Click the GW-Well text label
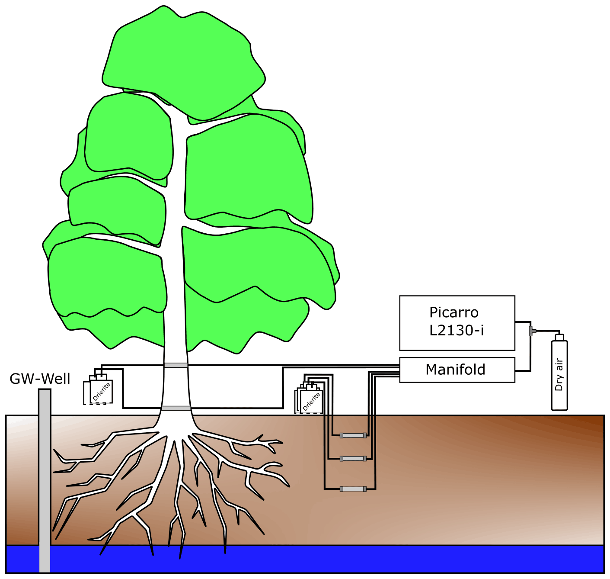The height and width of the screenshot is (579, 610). click(x=40, y=379)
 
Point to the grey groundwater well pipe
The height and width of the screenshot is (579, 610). click(x=45, y=476)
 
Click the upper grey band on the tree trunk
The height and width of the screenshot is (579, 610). click(x=176, y=365)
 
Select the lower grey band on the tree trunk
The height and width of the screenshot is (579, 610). click(x=176, y=408)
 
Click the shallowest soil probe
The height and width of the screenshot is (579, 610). click(x=353, y=435)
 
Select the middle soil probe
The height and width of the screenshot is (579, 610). click(x=353, y=459)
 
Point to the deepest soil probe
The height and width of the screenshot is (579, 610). click(x=353, y=489)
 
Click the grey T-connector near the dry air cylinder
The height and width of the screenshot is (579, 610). click(x=531, y=331)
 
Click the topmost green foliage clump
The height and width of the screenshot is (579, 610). click(x=184, y=65)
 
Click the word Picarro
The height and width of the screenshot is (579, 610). click(x=454, y=312)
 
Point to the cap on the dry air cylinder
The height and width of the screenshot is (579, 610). click(x=559, y=337)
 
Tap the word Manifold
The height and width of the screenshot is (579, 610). click(x=455, y=370)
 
